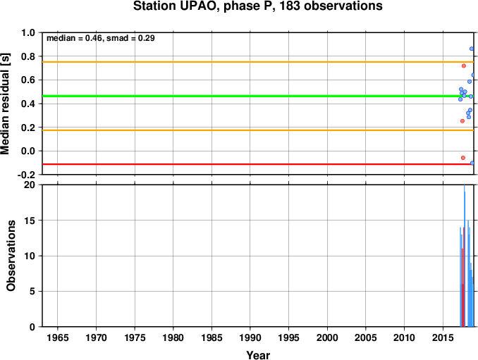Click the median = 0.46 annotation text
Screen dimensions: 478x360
pyautogui.click(x=74, y=38)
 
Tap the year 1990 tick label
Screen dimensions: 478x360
pyautogui.click(x=250, y=337)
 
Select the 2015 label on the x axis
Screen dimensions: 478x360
pyautogui.click(x=443, y=337)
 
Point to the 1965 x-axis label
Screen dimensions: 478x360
pyautogui.click(x=58, y=337)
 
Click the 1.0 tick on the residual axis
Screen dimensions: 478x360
pyautogui.click(x=28, y=32)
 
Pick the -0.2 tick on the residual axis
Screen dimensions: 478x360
pyautogui.click(x=26, y=175)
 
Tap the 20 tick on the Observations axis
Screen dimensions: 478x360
pyautogui.click(x=30, y=185)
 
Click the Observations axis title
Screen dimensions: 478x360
pyautogui.click(x=11, y=256)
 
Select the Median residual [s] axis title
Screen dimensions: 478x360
pyautogui.click(x=5, y=104)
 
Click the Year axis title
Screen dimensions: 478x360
pyautogui.click(x=258, y=355)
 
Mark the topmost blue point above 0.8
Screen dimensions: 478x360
pyautogui.click(x=472, y=49)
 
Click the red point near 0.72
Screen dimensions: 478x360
pyautogui.click(x=464, y=66)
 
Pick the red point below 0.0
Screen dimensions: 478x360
pyautogui.click(x=463, y=158)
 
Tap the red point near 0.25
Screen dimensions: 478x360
pyautogui.click(x=462, y=121)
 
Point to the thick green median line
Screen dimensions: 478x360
pyautogui.click(x=258, y=97)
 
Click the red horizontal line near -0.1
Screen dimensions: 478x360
pyautogui.click(x=258, y=164)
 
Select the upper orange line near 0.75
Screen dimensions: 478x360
pyautogui.click(x=258, y=62)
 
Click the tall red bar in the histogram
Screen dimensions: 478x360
pyautogui.click(x=463, y=277)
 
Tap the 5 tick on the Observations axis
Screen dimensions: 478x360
pyautogui.click(x=32, y=292)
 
